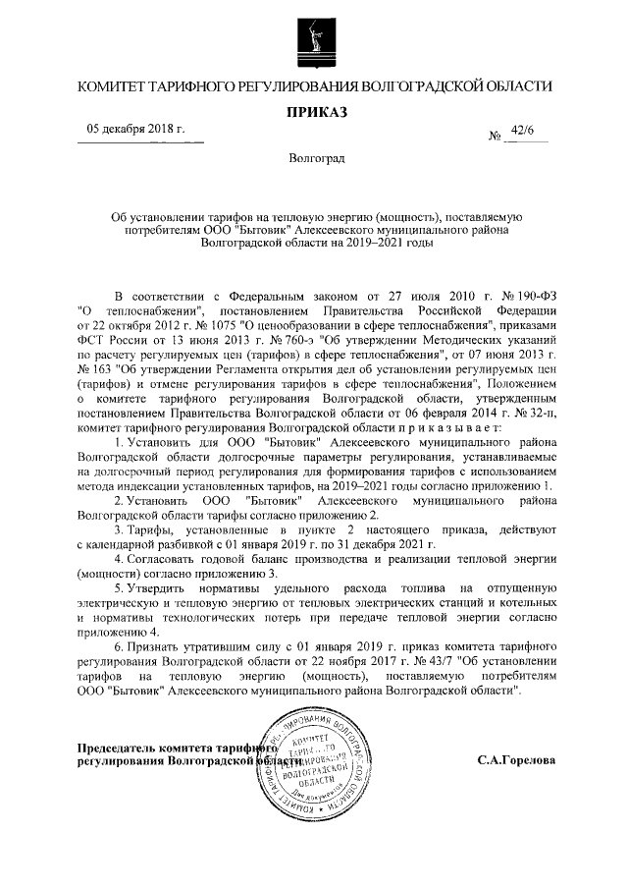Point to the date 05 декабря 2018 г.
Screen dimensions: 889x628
click(x=136, y=129)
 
